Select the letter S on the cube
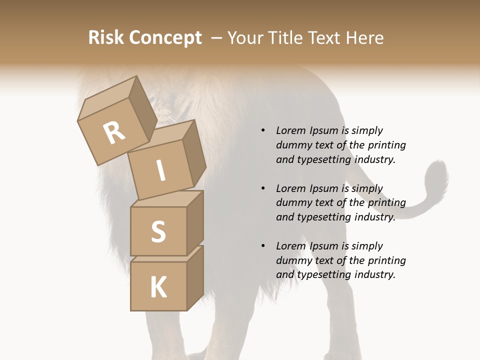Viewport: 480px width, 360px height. pyautogui.click(x=158, y=231)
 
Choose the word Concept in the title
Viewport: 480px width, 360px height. pyautogui.click(x=165, y=38)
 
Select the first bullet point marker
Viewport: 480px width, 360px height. pyautogui.click(x=263, y=130)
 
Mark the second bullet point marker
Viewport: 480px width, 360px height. pyautogui.click(x=263, y=188)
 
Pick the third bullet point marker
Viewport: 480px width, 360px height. pyautogui.click(x=263, y=246)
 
